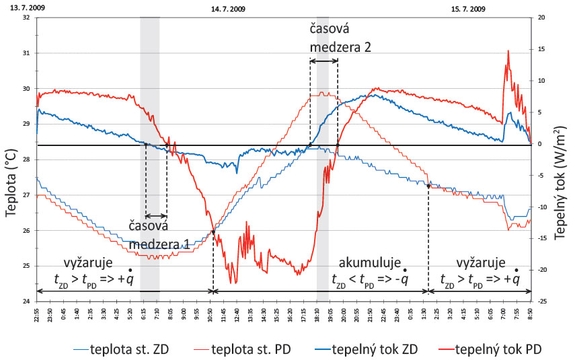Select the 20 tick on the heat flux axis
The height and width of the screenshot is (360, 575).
click(540, 17)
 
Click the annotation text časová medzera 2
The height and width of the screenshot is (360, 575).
click(340, 38)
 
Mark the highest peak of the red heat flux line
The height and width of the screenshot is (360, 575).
click(508, 50)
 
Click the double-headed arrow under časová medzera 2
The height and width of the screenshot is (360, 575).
click(323, 61)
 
